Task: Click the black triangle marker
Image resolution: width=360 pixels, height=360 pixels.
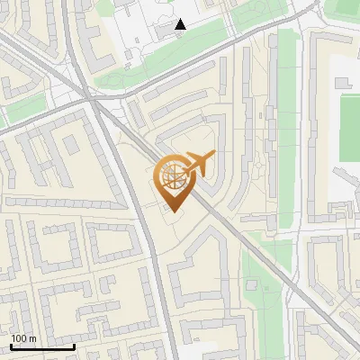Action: (181, 25)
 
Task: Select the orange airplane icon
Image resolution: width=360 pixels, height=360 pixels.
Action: (198, 165)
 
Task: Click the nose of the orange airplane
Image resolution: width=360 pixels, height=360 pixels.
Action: (214, 156)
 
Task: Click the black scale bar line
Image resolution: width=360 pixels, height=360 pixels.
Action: (42, 346)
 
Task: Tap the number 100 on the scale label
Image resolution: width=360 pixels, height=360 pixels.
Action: (20, 338)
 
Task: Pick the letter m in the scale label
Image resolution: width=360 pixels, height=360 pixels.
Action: (32, 338)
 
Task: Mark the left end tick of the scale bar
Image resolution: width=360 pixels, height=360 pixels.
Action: (11, 344)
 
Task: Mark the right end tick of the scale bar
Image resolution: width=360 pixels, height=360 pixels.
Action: (75, 344)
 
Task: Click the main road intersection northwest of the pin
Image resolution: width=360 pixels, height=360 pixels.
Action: (94, 101)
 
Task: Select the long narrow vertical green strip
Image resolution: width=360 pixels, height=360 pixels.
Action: (286, 108)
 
